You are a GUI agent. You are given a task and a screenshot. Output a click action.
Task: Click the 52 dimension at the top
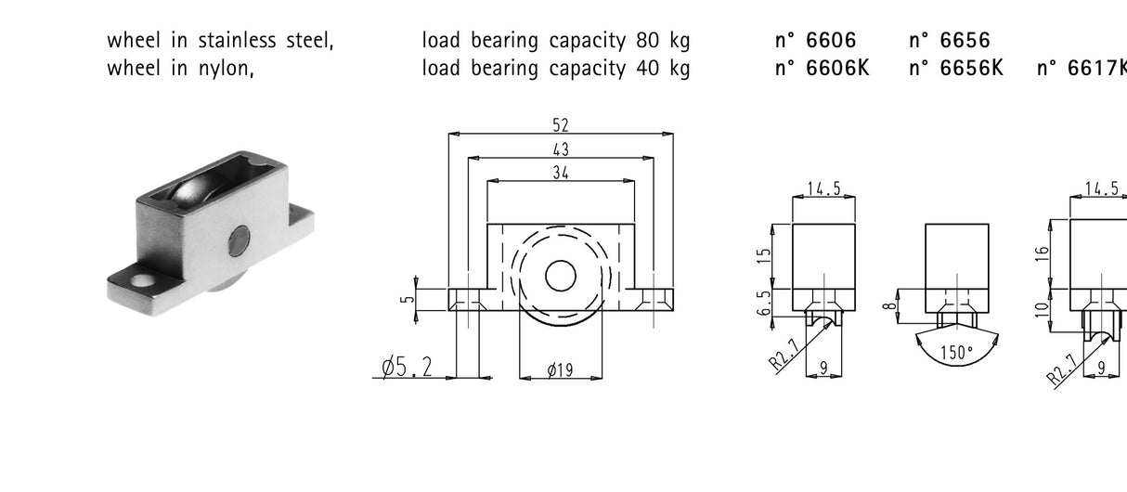tap(560, 125)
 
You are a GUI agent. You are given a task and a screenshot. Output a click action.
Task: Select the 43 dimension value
tap(560, 149)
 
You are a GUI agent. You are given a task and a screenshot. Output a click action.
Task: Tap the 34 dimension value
tap(560, 172)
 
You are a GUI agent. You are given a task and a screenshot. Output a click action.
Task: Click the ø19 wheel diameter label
tap(560, 369)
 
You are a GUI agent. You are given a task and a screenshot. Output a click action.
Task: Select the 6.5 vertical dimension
tap(763, 304)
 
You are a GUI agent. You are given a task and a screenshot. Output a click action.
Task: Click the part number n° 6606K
tap(822, 68)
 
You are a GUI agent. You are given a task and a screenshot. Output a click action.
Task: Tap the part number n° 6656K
tap(955, 68)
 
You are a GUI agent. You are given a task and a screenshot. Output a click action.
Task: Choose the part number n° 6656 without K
tap(949, 40)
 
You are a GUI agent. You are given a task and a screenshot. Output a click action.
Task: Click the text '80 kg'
tap(663, 40)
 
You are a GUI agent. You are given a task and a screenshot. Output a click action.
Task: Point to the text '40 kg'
tap(663, 68)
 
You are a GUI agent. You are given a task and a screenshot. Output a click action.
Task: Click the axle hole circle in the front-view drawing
tap(560, 276)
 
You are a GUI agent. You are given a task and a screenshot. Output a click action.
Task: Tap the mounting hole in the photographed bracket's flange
tap(140, 279)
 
